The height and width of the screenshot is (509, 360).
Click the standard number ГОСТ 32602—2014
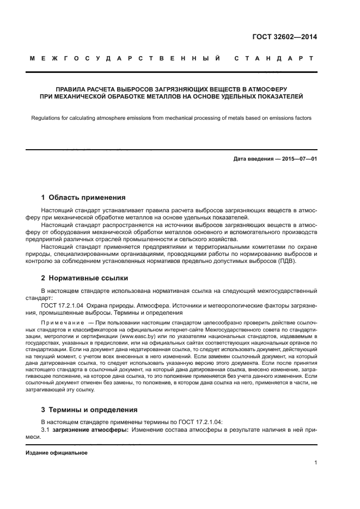[x=285, y=38]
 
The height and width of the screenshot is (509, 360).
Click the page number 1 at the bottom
[x=315, y=463]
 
